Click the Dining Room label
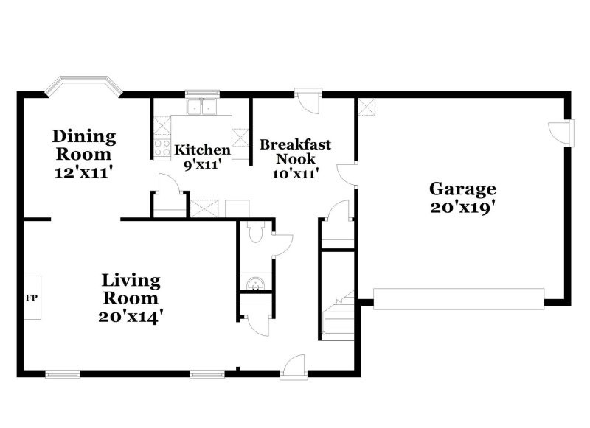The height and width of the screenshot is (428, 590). click(84, 145)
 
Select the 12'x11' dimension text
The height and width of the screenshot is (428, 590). click(84, 172)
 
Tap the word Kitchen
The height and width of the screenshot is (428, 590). click(202, 150)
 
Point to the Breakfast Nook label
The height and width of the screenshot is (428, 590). click(295, 151)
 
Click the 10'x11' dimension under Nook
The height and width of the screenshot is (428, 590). click(295, 174)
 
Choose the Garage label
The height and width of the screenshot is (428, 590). click(462, 189)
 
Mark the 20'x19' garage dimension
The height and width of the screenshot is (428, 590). click(462, 208)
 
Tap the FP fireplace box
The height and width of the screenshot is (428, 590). click(32, 298)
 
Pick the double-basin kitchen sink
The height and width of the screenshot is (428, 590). click(201, 108)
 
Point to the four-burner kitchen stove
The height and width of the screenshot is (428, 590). click(162, 147)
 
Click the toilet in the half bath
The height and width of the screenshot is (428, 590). click(254, 234)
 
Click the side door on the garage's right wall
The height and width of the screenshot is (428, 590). click(563, 133)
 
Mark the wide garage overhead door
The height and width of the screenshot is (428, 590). click(459, 297)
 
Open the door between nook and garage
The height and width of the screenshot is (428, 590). click(347, 174)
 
